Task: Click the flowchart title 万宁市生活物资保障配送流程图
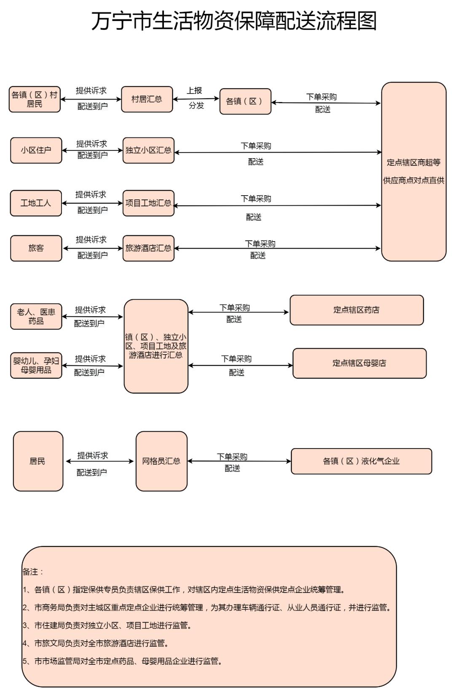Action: [234, 21]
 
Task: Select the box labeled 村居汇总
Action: [147, 99]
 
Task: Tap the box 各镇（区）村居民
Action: [35, 99]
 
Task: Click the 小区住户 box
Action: [36, 150]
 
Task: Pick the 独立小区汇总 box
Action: [148, 150]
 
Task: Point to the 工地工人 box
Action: [36, 203]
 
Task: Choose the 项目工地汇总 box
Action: [148, 203]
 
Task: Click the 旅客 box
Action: [36, 248]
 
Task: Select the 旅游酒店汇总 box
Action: [148, 248]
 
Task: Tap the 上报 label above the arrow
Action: [195, 91]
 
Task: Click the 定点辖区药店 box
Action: [356, 310]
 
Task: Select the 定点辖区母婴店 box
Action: [359, 363]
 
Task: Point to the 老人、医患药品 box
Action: [36, 317]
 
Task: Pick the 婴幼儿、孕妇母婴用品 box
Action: [36, 365]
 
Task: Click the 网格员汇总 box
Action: [161, 461]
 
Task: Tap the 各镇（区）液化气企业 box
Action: [361, 461]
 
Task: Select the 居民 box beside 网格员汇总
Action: [38, 461]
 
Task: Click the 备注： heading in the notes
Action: [33, 572]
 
